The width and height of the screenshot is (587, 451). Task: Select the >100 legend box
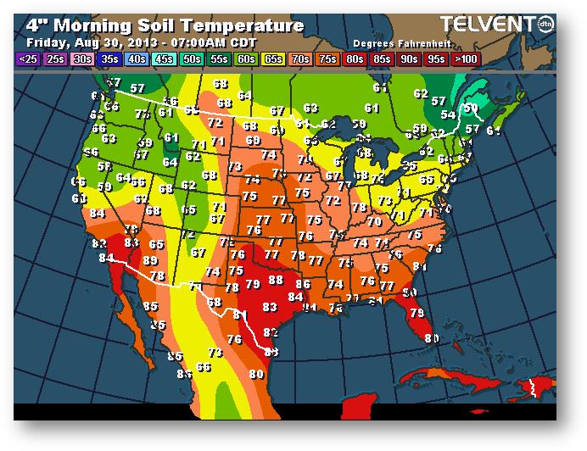coord(464,58)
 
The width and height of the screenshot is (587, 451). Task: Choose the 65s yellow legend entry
coord(273,58)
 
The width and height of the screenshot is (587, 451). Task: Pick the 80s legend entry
coord(355,58)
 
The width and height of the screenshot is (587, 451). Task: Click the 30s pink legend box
coord(82,58)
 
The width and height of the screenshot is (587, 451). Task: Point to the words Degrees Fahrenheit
coord(394,42)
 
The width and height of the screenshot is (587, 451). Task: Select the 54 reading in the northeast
coord(447,114)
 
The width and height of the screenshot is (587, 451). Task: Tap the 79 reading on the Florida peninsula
coord(416,313)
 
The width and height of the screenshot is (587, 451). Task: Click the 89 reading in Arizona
coord(150,260)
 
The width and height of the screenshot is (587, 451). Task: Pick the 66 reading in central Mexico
coord(204,367)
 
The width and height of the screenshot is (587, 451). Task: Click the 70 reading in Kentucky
coord(374,222)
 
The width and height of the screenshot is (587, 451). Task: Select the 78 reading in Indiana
coord(360,207)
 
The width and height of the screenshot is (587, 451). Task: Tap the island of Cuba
coord(441,376)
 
